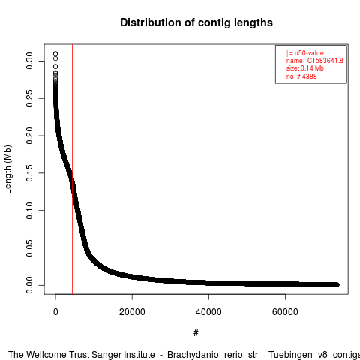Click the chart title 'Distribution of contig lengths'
(x=196, y=22)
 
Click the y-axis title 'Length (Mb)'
(x=7, y=169)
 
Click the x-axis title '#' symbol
(x=196, y=333)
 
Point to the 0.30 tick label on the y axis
(x=29, y=61)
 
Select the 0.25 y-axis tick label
(x=29, y=98)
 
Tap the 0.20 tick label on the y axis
(x=29, y=136)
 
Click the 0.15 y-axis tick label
(x=29, y=173)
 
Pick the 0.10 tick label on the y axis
(x=29, y=211)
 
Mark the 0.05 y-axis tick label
(x=29, y=247)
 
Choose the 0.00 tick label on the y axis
(x=29, y=285)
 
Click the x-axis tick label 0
(x=55, y=312)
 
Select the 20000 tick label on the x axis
(x=132, y=312)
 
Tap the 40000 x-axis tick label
(x=208, y=312)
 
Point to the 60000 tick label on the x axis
(x=285, y=312)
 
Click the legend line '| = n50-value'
(x=305, y=53)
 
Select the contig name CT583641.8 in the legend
(x=325, y=61)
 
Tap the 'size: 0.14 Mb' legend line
(x=305, y=68)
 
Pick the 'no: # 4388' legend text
(x=301, y=76)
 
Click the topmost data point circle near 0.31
(x=55, y=54)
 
